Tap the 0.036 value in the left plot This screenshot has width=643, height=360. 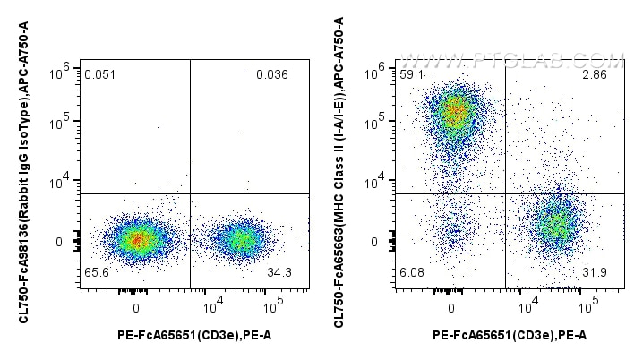[271, 74]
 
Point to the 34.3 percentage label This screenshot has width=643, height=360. [279, 271]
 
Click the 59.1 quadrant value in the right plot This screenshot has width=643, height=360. [412, 74]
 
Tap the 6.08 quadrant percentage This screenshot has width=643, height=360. [413, 271]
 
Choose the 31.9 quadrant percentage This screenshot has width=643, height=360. [595, 271]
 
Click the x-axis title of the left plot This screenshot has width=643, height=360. [194, 336]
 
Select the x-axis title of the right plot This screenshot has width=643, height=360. [510, 336]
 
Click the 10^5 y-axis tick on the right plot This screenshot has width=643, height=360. [377, 118]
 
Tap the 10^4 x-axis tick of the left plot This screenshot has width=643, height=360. [213, 307]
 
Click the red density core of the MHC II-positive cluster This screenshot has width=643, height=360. [456, 113]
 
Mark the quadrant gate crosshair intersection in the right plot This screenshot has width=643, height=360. [506, 193]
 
